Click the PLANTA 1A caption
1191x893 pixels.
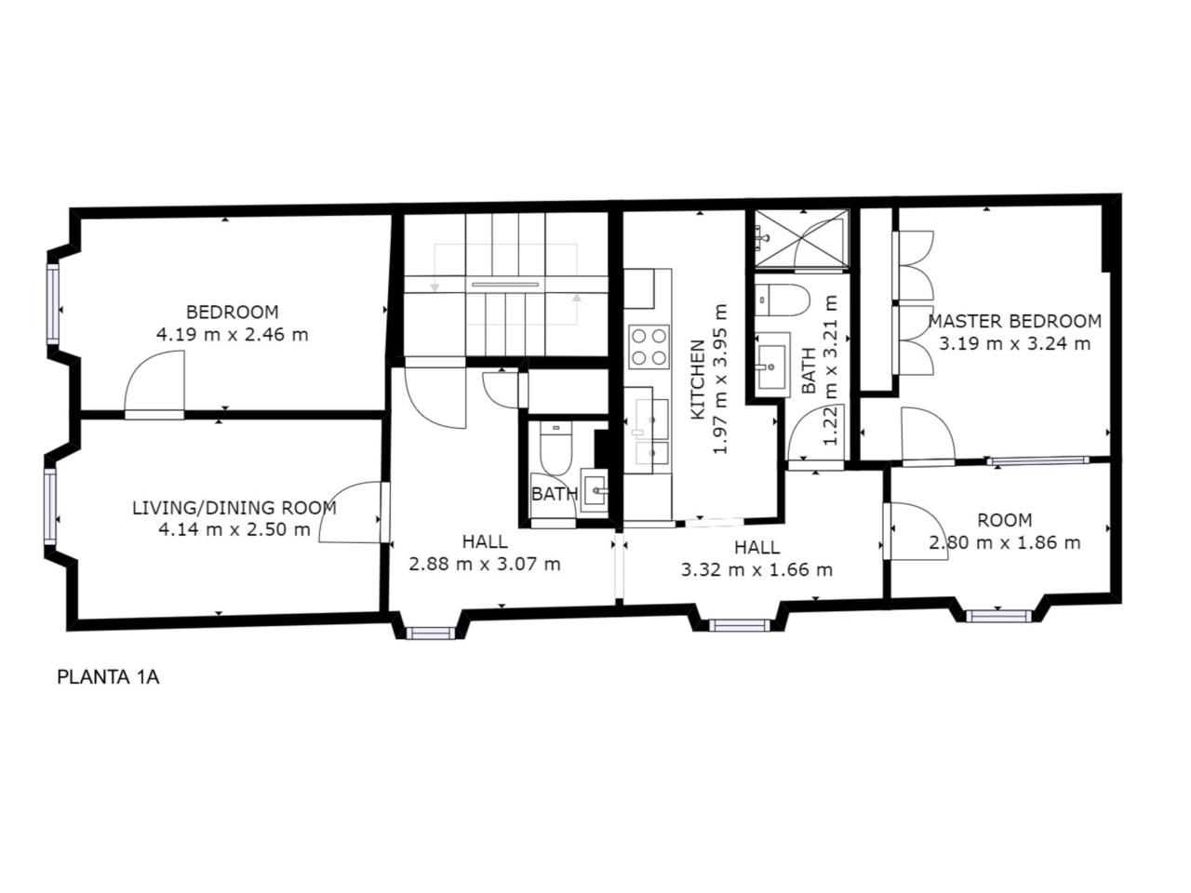tap(108, 677)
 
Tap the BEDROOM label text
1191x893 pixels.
tap(233, 312)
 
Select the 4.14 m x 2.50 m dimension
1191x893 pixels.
tap(234, 528)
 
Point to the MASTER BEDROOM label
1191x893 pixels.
tap(1014, 321)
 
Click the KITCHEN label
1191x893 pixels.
tap(698, 380)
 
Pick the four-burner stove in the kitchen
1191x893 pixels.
tap(649, 346)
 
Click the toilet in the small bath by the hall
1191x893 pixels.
tap(555, 447)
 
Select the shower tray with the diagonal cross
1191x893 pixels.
tap(802, 239)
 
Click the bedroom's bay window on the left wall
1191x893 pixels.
tap(53, 303)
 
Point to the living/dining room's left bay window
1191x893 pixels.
tap(49, 506)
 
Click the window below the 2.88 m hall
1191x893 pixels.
tap(431, 633)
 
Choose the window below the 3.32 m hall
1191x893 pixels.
tap(739, 625)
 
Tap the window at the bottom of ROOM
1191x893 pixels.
tap(998, 616)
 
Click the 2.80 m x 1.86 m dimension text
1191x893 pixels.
tap(1005, 542)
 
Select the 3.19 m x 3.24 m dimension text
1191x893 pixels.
tap(1014, 343)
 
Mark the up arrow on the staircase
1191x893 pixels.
tap(576, 298)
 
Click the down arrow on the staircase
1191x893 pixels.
tap(435, 287)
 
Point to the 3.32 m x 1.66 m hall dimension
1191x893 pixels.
tap(756, 569)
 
